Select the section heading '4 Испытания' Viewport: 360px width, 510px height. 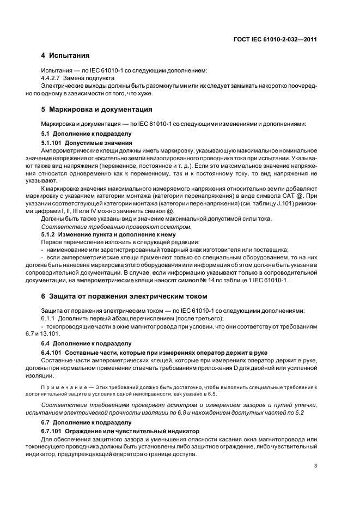65,56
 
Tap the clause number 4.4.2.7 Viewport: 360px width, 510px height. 53,78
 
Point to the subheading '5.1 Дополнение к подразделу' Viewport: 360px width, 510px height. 87,133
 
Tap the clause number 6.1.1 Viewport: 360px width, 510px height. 50,318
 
